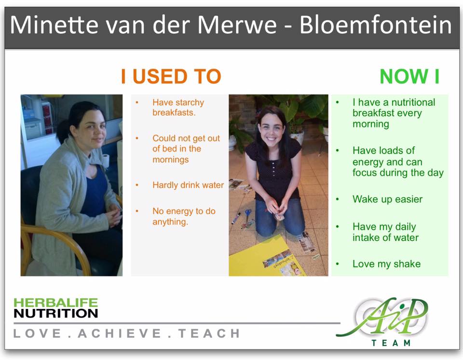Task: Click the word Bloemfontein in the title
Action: pyautogui.click(x=376, y=26)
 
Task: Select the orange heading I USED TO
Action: pyautogui.click(x=171, y=77)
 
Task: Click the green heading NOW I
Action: pyautogui.click(x=409, y=77)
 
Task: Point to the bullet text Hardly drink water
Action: pyautogui.click(x=188, y=185)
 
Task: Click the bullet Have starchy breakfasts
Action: pyautogui.click(x=178, y=108)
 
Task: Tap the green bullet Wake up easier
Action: pyautogui.click(x=387, y=199)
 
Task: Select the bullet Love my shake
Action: pyautogui.click(x=386, y=264)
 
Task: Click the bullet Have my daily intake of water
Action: pyautogui.click(x=385, y=232)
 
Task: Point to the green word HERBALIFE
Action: pyautogui.click(x=55, y=303)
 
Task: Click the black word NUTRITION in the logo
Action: pyautogui.click(x=55, y=313)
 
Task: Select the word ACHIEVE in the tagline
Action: pyautogui.click(x=121, y=333)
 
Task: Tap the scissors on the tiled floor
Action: pyautogui.click(x=247, y=214)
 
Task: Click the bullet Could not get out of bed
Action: pyautogui.click(x=186, y=149)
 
